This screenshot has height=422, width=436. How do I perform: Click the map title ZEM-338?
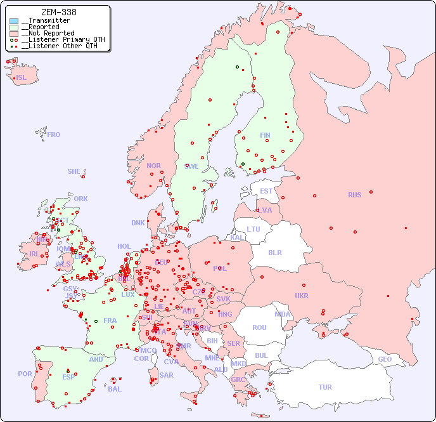(x=59, y=12)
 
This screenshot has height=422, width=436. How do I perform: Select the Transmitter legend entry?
(x=48, y=21)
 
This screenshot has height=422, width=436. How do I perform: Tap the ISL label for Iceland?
(x=22, y=78)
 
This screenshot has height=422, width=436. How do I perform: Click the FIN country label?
(x=265, y=135)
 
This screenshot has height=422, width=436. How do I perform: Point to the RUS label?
(x=354, y=195)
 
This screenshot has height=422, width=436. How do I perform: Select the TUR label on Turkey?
(x=325, y=387)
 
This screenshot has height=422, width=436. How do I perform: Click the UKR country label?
(x=301, y=296)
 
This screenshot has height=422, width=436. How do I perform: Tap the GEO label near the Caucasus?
(x=385, y=359)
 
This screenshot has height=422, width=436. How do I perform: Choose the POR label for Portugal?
(x=25, y=374)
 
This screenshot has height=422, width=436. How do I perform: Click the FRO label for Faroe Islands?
(x=54, y=135)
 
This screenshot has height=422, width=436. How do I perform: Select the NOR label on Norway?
(x=153, y=166)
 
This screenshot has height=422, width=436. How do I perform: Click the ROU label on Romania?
(x=259, y=327)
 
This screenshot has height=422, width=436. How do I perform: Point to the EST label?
(x=266, y=191)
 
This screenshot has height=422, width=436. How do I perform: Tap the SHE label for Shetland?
(x=74, y=171)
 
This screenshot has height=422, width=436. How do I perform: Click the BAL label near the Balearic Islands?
(x=114, y=389)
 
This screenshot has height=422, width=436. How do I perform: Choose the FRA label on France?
(x=110, y=320)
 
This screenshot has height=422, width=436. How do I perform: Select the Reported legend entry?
(x=42, y=27)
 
